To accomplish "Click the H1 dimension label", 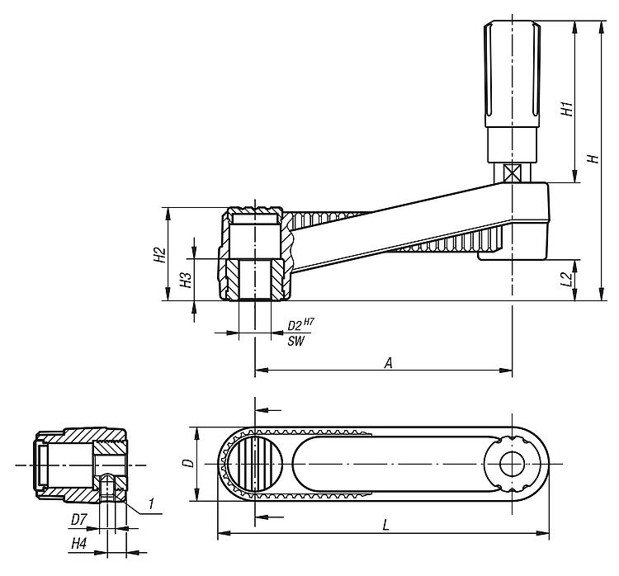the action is tap(567, 109).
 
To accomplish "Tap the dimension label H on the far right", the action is tap(593, 158).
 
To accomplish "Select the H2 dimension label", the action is tap(159, 255).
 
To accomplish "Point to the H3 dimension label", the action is tap(186, 280).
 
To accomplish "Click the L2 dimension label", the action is tap(567, 280).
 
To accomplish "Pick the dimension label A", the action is tap(389, 363).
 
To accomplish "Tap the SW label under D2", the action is tap(295, 341).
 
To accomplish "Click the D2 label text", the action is tap(294, 326).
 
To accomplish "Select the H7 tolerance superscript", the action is tap(309, 322).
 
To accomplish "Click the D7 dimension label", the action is tap(78, 520).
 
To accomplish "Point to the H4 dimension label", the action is tap(78, 545).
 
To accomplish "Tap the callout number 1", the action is tap(150, 503).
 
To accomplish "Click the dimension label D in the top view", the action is tap(191, 463).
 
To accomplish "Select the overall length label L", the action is tap(386, 525).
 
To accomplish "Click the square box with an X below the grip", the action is tap(512, 172).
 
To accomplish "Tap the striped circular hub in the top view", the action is tap(255, 464).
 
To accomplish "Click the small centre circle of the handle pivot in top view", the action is tap(512, 464).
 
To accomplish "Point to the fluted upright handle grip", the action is tap(512, 74).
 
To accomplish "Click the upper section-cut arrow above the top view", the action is tap(268, 410).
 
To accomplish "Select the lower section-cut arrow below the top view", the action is tap(269, 517).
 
